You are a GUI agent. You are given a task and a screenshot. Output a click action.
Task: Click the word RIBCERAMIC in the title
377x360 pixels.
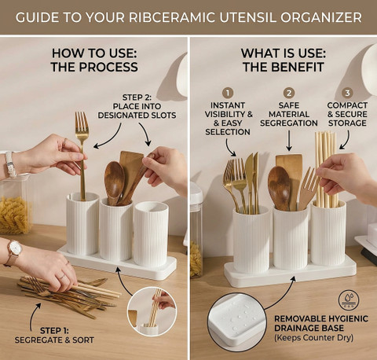pos(172,17)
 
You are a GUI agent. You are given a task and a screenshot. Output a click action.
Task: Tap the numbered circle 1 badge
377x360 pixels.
pos(228,93)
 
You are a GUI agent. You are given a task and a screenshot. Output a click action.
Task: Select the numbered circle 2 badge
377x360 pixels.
pos(289,93)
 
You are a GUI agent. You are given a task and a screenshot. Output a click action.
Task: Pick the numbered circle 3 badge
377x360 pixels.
pos(347,93)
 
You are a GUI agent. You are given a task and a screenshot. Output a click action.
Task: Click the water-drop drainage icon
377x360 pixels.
pos(349,300)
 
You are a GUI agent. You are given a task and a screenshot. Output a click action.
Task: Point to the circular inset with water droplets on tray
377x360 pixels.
pos(237,322)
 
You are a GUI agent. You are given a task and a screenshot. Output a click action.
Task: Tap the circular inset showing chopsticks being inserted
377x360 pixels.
pos(152,311)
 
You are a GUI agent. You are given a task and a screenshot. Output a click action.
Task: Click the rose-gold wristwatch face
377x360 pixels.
pos(15,248)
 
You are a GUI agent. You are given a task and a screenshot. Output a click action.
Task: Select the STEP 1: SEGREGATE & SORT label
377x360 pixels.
pos(54,336)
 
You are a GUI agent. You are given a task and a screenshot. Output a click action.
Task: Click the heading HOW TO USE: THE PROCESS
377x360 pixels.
pos(94,61)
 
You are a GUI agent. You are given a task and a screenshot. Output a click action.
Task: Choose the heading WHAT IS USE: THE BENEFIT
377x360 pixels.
pos(284,61)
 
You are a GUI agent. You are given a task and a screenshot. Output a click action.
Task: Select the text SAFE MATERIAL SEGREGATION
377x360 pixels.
pos(289,114)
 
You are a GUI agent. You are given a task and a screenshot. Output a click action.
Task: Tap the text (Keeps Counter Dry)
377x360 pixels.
pos(313,338)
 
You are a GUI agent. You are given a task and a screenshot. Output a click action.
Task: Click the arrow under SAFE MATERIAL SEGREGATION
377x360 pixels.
pos(289,141)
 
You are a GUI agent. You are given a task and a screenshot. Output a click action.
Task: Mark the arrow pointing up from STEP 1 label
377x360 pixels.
pos(34,316)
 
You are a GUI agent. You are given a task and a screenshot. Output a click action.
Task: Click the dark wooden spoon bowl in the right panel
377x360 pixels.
pos(279,184)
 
